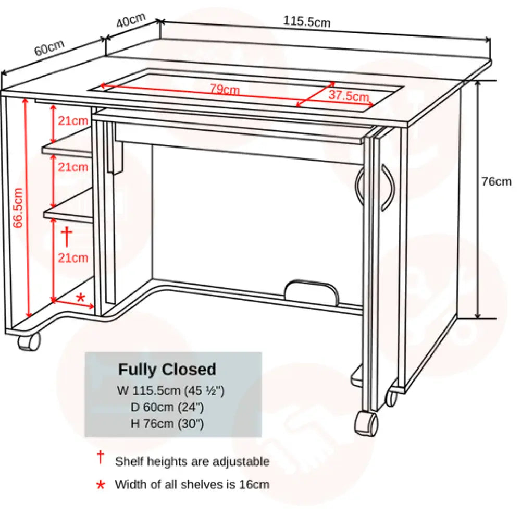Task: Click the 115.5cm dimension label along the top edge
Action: coord(306,21)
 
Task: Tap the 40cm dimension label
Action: coord(130,22)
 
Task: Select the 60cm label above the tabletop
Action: coord(49,47)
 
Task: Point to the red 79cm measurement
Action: coord(225,89)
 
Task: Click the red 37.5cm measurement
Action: coord(349,96)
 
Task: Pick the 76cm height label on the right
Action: coord(496,181)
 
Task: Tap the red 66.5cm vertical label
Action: coord(18,208)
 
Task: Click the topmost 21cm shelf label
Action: coord(73,121)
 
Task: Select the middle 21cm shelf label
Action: coord(73,167)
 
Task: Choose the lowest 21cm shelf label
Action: coord(73,257)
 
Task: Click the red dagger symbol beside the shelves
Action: coord(67,236)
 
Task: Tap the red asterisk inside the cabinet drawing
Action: coord(80,298)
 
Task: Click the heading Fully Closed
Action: coord(167,370)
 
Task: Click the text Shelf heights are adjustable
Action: coord(192,461)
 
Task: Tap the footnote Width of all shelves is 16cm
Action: coord(192,484)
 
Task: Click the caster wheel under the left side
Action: coord(29,342)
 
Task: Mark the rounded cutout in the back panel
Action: coord(312,292)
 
